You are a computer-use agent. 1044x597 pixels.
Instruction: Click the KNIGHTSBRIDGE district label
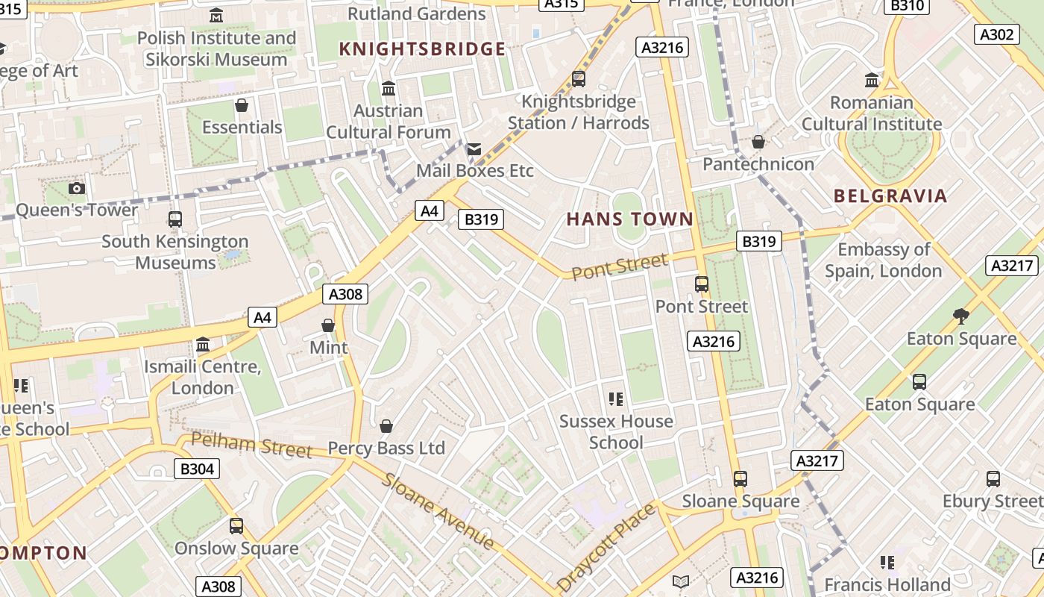point(422,49)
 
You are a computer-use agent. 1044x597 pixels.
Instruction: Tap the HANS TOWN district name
point(630,219)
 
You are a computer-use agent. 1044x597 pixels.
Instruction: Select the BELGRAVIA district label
point(890,196)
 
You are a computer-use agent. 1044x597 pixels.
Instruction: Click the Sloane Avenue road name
point(438,511)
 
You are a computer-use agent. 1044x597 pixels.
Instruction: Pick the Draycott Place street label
point(606,547)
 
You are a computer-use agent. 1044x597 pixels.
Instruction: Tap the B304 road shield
point(197,469)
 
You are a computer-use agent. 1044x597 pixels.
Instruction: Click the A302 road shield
point(996,34)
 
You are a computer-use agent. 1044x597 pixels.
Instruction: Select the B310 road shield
point(908,6)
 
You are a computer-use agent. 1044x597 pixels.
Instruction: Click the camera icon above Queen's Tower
point(76,189)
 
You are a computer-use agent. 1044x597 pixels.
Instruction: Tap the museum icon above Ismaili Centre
point(203,345)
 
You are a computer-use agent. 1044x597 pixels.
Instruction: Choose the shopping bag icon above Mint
point(328,325)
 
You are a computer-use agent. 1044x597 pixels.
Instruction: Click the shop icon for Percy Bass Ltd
point(386,426)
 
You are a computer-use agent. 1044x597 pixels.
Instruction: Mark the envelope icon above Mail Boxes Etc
point(474,149)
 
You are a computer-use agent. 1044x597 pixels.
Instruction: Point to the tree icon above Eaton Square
point(961,316)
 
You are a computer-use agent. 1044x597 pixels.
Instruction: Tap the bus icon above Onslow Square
point(236,526)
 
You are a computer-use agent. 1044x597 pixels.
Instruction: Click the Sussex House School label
point(616,431)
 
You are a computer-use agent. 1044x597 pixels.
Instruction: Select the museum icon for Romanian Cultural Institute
point(872,80)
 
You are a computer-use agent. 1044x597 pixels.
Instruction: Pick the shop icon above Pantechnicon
point(758,142)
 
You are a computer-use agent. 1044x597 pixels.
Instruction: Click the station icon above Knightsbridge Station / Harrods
point(578,78)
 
